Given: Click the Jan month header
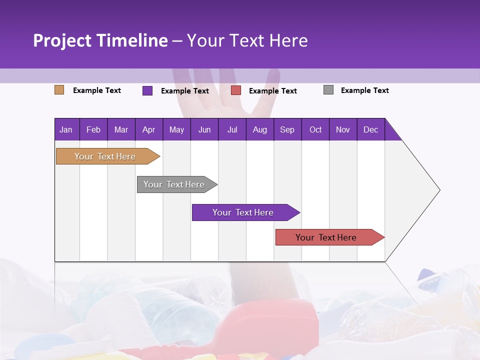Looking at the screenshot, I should click(66, 129).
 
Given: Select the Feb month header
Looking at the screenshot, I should click(93, 129).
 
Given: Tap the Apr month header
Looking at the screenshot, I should click(148, 129).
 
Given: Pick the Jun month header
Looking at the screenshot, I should click(204, 129).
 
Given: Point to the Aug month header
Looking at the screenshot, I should click(259, 129).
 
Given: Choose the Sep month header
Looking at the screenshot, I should click(287, 129).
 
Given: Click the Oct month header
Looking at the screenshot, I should click(315, 129).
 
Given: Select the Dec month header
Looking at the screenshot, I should click(370, 129).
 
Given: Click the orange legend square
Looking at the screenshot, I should click(59, 90).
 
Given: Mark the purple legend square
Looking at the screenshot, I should click(147, 90).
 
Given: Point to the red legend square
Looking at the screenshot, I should click(236, 90).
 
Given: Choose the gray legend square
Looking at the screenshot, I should click(328, 90).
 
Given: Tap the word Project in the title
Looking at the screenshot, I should click(61, 40).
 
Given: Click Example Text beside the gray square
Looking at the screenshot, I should click(364, 90).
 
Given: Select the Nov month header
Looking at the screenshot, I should click(343, 129).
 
